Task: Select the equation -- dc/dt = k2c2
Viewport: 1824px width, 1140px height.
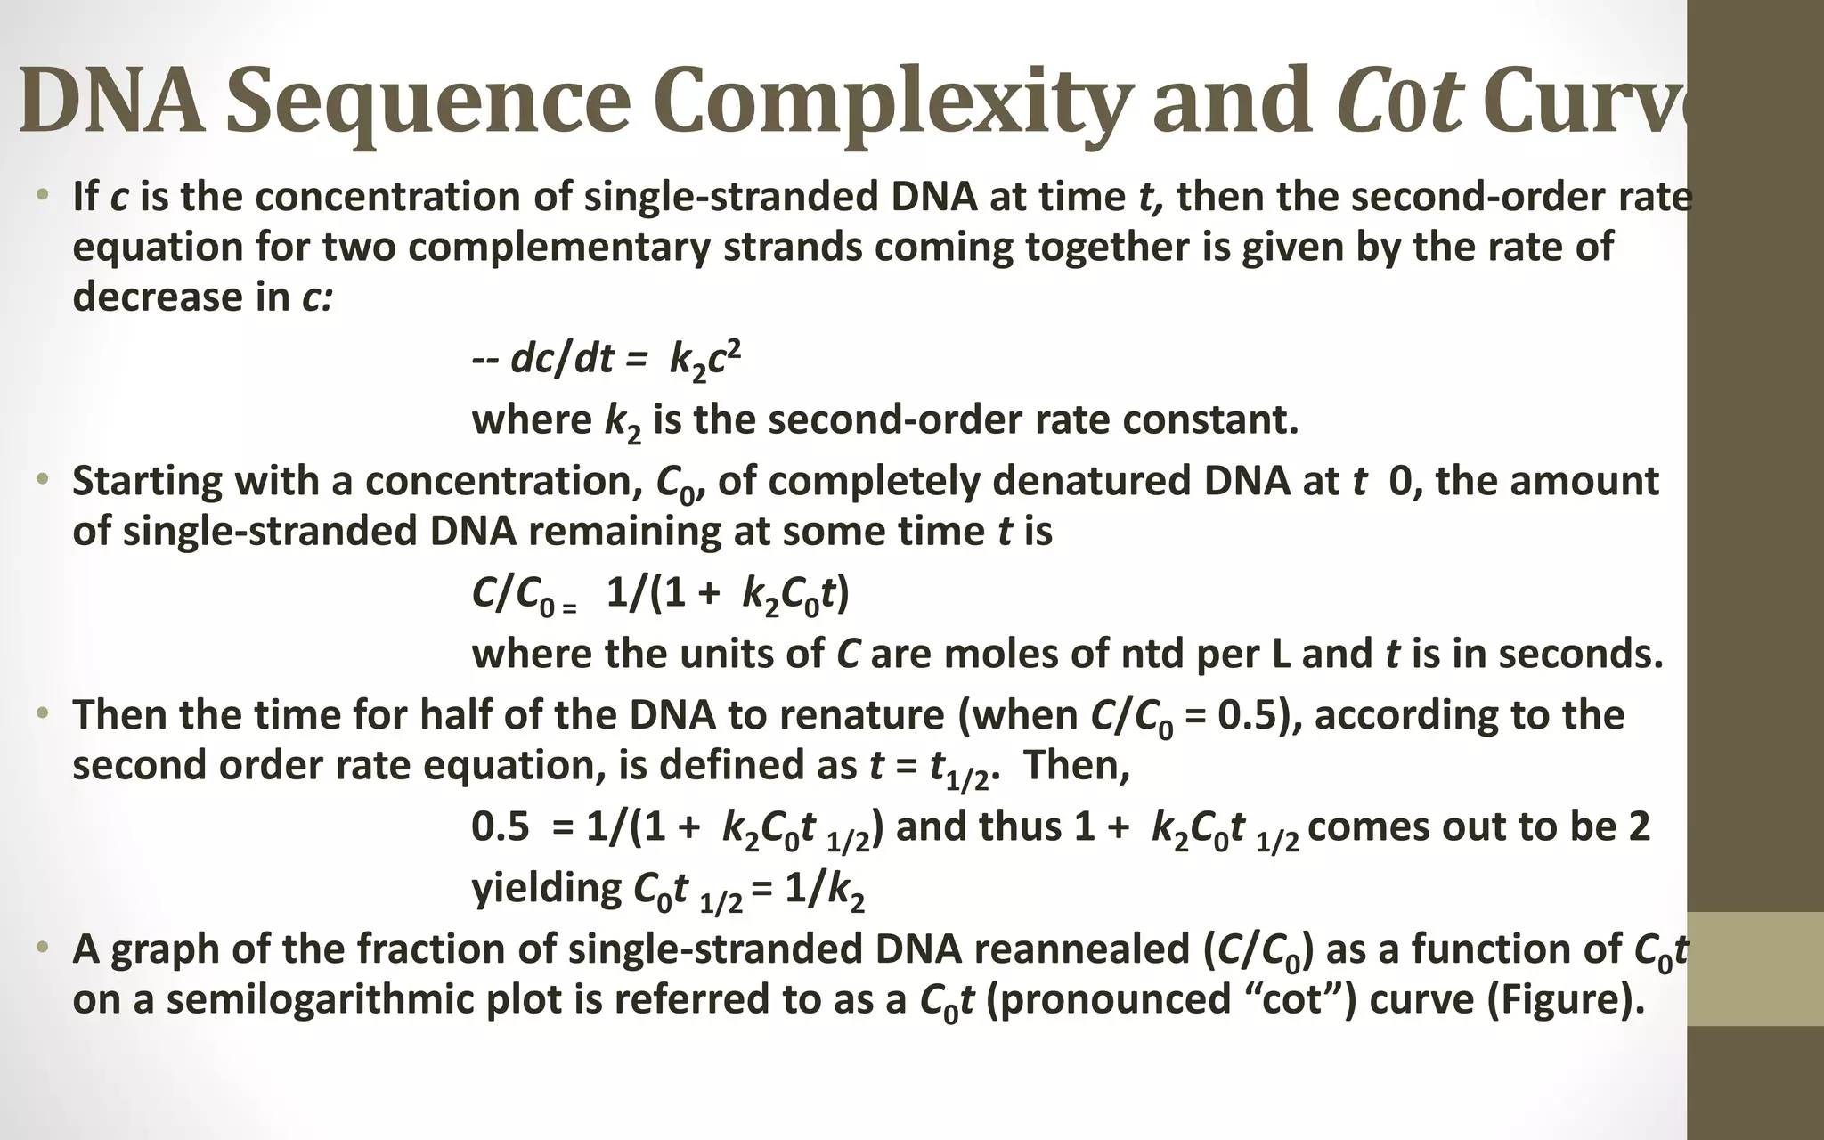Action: (x=607, y=359)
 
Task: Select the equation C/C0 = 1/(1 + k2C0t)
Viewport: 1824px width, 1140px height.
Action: (x=660, y=594)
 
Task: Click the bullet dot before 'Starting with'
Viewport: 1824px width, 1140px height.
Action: (x=41, y=480)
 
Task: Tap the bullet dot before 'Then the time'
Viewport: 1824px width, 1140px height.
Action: (x=41, y=714)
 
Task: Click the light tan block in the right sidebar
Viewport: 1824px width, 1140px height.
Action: (x=1755, y=969)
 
